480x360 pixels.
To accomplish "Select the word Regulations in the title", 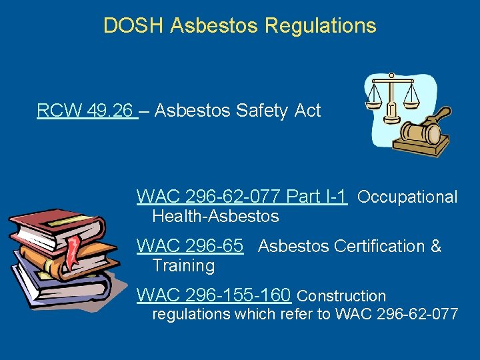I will pos(321,26).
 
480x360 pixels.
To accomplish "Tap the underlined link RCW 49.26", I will pos(86,111).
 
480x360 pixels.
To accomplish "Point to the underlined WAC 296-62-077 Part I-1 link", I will pos(241,197).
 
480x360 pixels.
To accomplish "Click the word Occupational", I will pos(407,197).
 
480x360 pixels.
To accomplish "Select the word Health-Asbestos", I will pos(215,216).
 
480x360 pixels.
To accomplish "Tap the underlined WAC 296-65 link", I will pos(189,246).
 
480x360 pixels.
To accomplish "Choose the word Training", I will pos(183,265).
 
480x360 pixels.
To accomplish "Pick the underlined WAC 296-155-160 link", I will pos(213,295).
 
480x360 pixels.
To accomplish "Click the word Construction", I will pos(341,295).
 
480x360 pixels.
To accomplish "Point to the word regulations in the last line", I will pos(191,314).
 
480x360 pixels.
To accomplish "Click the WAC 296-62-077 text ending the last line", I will pos(397,314).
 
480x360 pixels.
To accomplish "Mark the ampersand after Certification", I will pos(435,246).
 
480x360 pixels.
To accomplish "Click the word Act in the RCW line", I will pos(307,111).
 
